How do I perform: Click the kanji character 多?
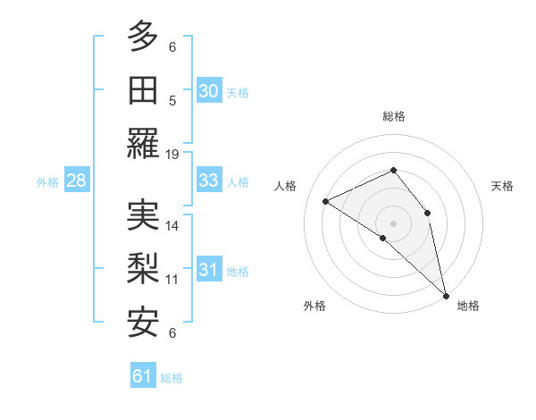click(143, 37)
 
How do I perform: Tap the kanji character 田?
click(143, 90)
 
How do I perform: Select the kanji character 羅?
click(143, 144)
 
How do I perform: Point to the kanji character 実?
click(143, 215)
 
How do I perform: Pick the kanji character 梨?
click(143, 269)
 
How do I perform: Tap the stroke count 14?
click(172, 225)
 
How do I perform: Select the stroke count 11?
click(172, 279)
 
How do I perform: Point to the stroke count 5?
click(172, 100)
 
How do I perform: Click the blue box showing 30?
click(208, 90)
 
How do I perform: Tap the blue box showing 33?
click(208, 181)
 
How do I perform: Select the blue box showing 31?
click(208, 270)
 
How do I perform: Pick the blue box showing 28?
click(76, 181)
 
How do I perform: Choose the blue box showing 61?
click(143, 376)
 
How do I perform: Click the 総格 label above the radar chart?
click(393, 116)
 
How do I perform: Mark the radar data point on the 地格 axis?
click(445, 294)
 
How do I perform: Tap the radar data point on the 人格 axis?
click(326, 201)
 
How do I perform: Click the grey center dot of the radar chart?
click(393, 223)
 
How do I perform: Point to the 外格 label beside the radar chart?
click(314, 306)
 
